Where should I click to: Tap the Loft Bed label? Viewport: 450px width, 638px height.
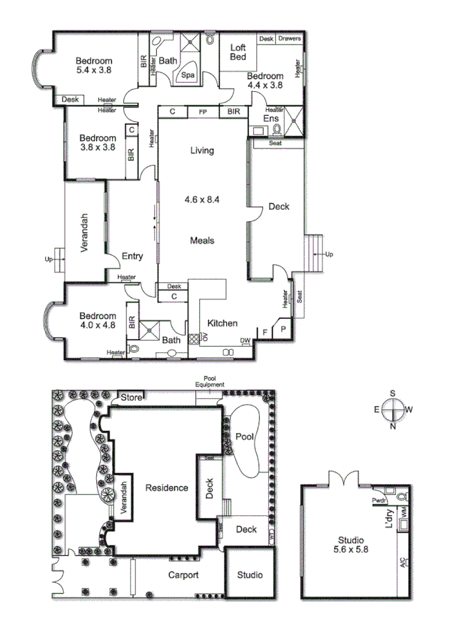(x=239, y=52)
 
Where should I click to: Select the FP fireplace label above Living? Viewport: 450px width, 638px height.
(x=202, y=112)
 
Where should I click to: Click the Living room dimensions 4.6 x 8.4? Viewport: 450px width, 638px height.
(x=202, y=200)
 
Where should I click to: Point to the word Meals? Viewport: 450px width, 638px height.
(x=202, y=241)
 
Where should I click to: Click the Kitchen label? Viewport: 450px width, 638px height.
(x=222, y=324)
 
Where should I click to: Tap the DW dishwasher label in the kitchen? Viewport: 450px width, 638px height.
(x=246, y=341)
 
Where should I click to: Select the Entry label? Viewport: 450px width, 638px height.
(x=132, y=257)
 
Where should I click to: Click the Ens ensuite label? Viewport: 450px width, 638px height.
(x=270, y=118)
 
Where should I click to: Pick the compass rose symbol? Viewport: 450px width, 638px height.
(x=393, y=410)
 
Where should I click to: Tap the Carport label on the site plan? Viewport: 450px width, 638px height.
(x=183, y=576)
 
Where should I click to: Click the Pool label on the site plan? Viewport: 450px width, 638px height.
(x=243, y=436)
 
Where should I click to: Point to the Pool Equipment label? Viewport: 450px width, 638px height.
(x=210, y=381)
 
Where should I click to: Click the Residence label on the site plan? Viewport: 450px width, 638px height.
(x=167, y=488)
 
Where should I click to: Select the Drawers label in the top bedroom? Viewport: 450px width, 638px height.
(x=289, y=38)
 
